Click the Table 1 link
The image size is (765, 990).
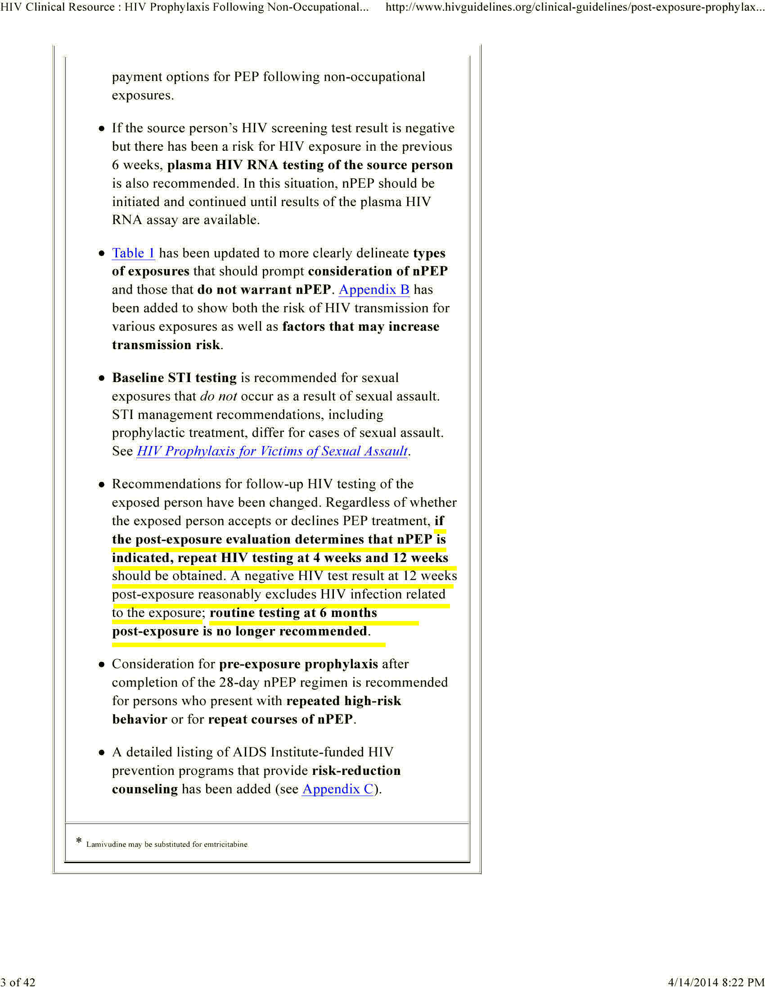click(x=133, y=253)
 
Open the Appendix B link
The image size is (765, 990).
click(x=374, y=290)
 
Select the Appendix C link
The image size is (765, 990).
click(x=337, y=789)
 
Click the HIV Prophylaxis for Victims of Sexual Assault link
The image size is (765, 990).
click(x=272, y=451)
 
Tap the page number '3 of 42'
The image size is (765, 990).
click(x=18, y=982)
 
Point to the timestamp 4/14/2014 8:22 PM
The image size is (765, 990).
click(x=716, y=982)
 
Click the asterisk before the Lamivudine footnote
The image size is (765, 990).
click(x=79, y=841)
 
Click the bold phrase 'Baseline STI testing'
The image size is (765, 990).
click(x=174, y=378)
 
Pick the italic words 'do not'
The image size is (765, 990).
click(x=218, y=396)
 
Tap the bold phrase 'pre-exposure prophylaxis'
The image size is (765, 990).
click(x=298, y=664)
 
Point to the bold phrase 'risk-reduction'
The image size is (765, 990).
click(x=356, y=770)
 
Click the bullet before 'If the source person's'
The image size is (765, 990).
click(x=102, y=129)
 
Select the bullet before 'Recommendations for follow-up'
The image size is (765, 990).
click(x=102, y=485)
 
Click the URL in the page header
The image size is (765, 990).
click(x=575, y=7)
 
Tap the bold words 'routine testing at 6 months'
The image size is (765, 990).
click(x=293, y=613)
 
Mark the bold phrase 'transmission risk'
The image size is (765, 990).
click(x=166, y=345)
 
